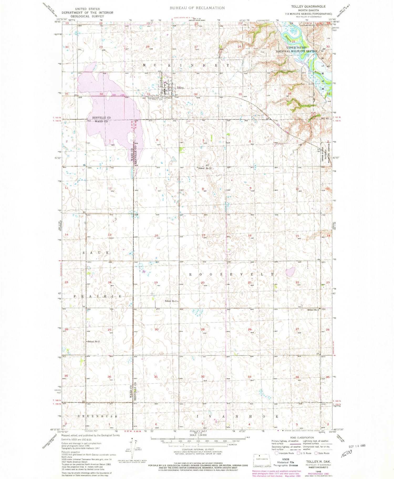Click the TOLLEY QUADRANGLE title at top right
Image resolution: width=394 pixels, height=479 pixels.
point(308,6)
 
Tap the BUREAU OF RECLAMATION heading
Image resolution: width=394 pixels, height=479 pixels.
point(197,8)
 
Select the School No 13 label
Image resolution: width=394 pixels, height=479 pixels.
point(205,168)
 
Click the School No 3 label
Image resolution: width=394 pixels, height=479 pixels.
point(171,301)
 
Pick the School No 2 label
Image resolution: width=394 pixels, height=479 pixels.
point(94,341)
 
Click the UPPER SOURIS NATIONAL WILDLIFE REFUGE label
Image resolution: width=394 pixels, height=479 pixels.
point(296,49)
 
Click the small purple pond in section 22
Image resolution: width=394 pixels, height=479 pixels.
point(290,272)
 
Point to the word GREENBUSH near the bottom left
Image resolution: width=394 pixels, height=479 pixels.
point(97,416)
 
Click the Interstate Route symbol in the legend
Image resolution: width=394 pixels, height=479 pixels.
point(276,453)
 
